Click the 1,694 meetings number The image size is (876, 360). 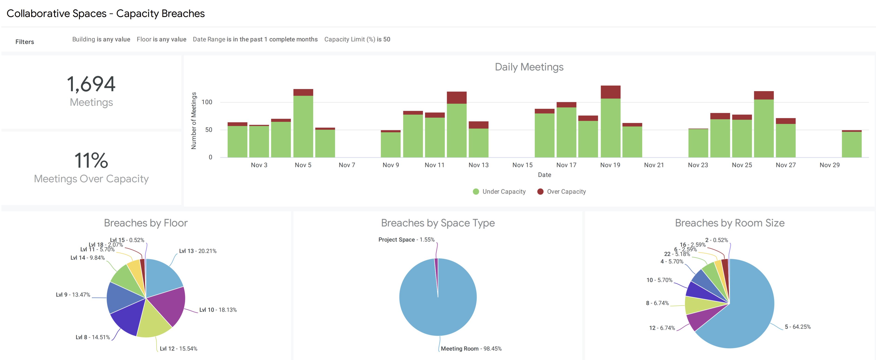point(91,84)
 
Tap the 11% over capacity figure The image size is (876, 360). point(91,160)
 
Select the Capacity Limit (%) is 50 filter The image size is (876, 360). point(357,40)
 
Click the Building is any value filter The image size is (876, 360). point(101,40)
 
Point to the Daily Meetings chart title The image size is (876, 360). point(529,67)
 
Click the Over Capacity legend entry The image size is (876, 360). point(561,192)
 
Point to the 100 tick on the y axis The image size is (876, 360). point(207,102)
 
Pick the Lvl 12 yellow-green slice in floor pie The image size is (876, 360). point(153,321)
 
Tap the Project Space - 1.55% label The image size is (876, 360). point(406,240)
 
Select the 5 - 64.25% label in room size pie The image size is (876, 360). point(797,327)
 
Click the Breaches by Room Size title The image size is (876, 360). point(730,223)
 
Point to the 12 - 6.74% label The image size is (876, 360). point(662,328)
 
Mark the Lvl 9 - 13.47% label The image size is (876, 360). point(73,295)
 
